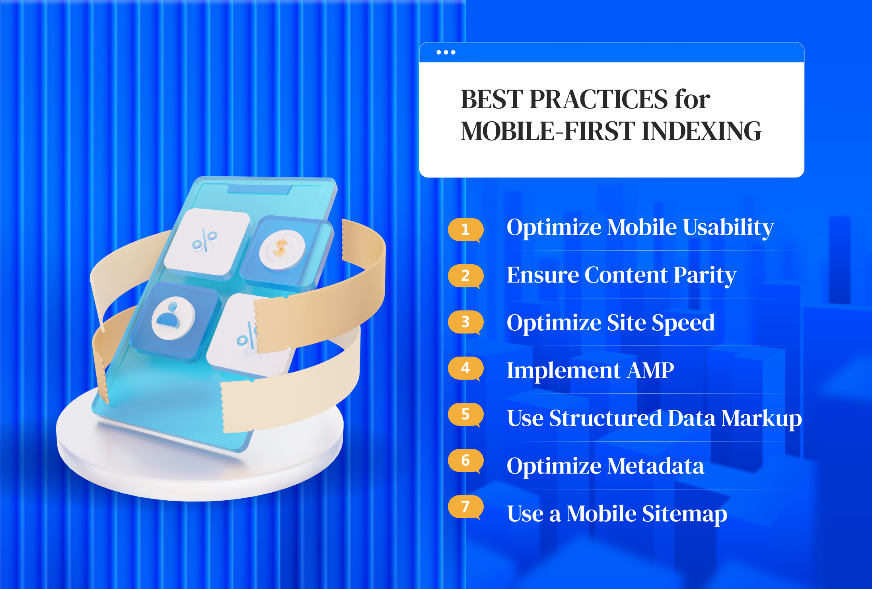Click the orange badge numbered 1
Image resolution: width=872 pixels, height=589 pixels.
(x=465, y=230)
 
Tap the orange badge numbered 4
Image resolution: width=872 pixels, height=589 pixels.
(x=465, y=368)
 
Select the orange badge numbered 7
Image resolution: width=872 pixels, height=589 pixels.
(x=465, y=507)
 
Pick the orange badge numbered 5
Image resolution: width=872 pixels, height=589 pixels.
(x=465, y=414)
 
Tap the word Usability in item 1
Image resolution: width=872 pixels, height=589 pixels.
(x=728, y=228)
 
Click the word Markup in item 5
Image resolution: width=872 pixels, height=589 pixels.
(x=761, y=419)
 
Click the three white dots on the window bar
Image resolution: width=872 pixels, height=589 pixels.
(x=446, y=52)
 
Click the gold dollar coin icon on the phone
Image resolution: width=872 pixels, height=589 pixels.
(x=282, y=250)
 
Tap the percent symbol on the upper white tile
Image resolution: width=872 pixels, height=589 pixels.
(x=204, y=240)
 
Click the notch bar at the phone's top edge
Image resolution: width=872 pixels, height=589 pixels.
(x=259, y=189)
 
